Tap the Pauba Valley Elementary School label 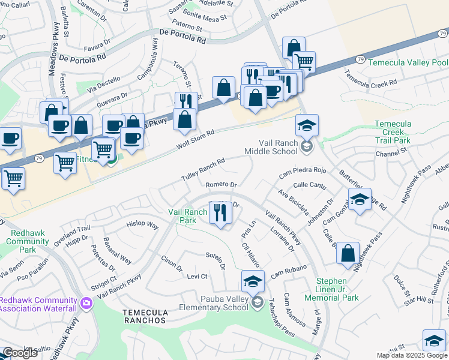coord(214,303)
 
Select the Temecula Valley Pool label coord(408,62)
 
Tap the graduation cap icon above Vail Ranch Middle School coord(307,126)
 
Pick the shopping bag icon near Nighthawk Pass coord(348,253)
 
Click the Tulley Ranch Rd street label coord(203,170)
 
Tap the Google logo coord(20,353)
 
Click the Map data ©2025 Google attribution coord(411,355)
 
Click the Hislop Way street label coord(142,226)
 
